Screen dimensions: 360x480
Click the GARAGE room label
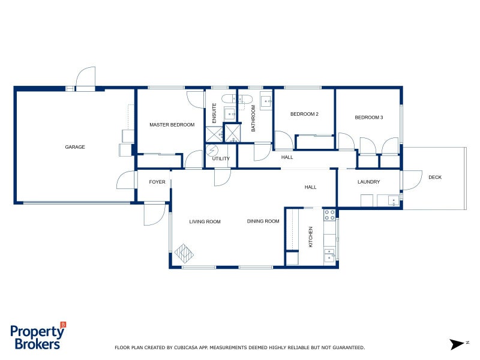click(x=75, y=147)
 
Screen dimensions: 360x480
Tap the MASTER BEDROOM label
click(x=172, y=125)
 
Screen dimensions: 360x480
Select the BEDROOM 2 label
click(x=304, y=114)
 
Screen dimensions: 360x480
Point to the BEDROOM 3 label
click(x=368, y=118)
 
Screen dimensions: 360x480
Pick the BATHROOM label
click(x=253, y=118)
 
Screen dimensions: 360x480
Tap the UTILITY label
click(x=221, y=159)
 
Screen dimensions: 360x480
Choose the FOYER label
click(x=157, y=182)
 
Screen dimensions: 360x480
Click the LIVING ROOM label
click(x=205, y=222)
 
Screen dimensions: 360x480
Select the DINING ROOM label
click(x=263, y=221)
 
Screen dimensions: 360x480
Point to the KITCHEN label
click(x=311, y=237)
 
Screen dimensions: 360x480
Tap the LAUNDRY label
click(x=369, y=182)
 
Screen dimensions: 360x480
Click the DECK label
click(x=434, y=177)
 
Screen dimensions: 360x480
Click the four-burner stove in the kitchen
click(x=329, y=215)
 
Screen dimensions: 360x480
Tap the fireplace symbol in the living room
click(x=185, y=254)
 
